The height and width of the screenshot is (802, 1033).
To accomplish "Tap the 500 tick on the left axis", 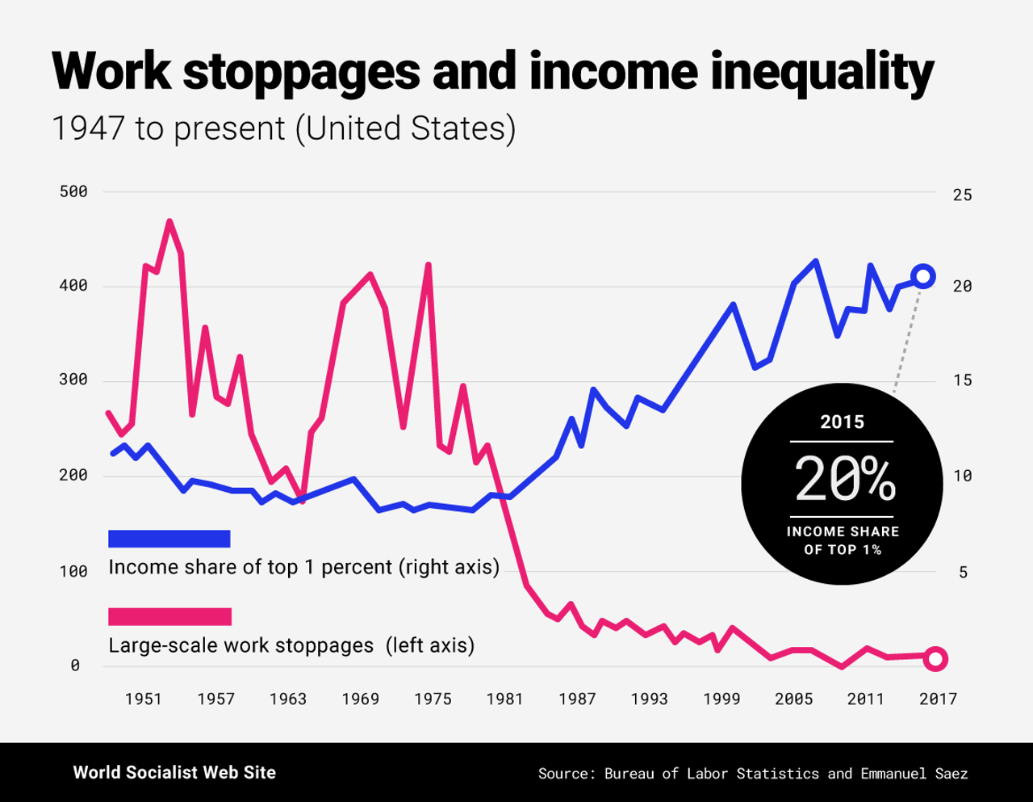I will point(73,191).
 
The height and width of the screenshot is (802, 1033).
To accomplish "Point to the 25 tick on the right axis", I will point(962,195).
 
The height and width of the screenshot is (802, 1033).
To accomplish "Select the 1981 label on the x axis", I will point(504,699).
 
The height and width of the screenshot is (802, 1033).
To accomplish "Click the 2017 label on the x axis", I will point(938,699).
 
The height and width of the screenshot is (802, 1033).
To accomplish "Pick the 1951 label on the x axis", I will point(143,699).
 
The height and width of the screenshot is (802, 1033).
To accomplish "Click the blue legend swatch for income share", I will point(169,539).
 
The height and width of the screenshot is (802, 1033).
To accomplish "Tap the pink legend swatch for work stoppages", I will point(169,617).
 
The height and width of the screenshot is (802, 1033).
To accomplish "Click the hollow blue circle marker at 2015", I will point(923,276).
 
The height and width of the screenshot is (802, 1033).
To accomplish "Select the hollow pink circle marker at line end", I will point(935,659).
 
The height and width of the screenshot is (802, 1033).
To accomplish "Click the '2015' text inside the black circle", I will point(842,422).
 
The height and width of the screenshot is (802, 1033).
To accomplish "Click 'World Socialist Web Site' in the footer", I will point(174,772).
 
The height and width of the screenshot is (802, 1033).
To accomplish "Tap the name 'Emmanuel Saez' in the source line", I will point(914,773).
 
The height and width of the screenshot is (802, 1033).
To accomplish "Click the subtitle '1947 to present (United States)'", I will point(283,128).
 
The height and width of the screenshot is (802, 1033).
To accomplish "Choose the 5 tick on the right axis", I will point(963,572).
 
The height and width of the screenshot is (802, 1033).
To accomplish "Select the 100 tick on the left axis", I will point(73,571).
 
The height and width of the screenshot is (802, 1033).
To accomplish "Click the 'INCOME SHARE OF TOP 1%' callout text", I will point(843,540).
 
